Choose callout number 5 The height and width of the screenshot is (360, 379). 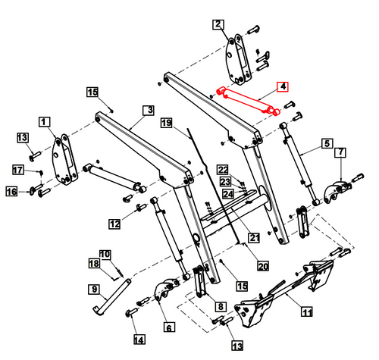(x=327, y=142)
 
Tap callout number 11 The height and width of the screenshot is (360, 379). (x=307, y=311)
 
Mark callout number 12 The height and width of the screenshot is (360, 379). (x=114, y=224)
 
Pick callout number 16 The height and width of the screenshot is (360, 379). (x=12, y=193)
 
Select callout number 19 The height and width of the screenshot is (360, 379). (x=166, y=123)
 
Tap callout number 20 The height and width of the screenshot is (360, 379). (x=262, y=266)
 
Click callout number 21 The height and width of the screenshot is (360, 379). (x=254, y=238)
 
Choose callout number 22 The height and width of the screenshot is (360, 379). (x=223, y=168)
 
